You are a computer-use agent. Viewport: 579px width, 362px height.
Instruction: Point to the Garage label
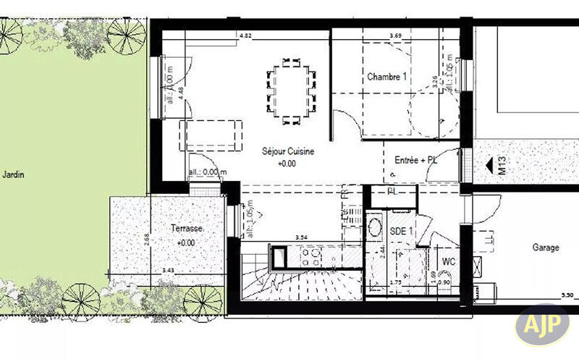pos(546,248)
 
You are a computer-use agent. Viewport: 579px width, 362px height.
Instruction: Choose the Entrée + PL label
pos(416,160)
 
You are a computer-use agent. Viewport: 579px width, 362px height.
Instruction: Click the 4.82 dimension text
pos(245,35)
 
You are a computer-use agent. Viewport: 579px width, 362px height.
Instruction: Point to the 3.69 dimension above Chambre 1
pos(395,35)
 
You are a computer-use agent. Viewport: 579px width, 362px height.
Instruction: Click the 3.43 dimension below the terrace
pos(169,270)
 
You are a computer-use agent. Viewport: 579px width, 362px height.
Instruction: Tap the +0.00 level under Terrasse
pos(187,243)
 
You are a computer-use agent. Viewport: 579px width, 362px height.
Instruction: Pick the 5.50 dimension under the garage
pos(568,295)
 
